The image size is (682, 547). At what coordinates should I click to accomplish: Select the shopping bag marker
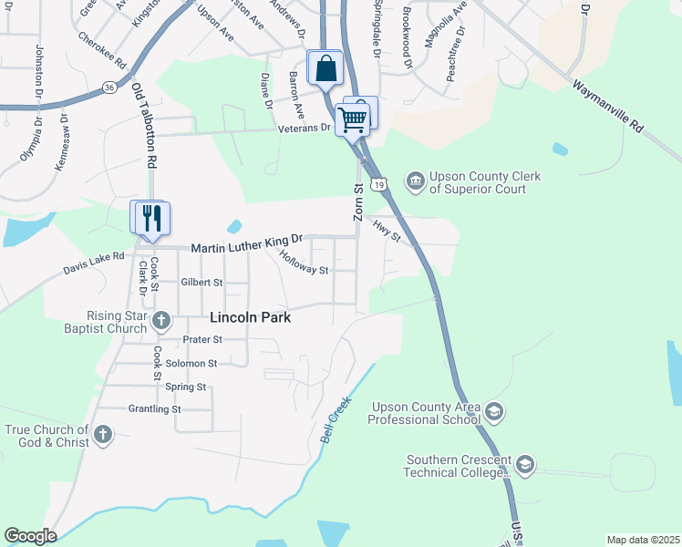point(325,67)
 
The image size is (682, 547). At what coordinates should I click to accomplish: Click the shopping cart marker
point(352,118)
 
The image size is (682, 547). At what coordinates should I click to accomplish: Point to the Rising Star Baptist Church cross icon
point(161,320)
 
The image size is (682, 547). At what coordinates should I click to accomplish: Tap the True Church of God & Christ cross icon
point(102,435)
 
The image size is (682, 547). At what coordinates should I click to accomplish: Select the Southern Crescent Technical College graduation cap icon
point(524,466)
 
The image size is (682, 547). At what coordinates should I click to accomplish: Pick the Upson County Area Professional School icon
point(493,411)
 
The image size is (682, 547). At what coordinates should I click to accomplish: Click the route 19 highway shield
point(380,183)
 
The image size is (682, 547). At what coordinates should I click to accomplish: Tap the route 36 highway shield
point(109,88)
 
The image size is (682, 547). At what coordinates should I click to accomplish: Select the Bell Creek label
point(335,419)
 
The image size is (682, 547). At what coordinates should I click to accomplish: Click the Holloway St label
point(304,263)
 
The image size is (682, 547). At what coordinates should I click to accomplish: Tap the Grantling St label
point(155,409)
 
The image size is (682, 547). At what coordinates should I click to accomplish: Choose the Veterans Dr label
point(304,129)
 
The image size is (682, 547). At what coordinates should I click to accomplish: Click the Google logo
point(30,536)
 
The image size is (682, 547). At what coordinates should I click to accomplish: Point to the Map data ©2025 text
point(643,540)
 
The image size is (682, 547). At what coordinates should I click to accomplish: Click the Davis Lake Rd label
point(93,263)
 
